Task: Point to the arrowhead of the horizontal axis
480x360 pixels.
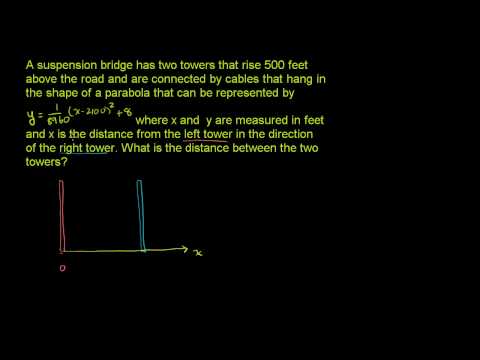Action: coord(186,250)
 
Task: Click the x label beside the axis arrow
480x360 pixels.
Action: coord(199,253)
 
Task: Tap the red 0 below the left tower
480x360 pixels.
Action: coord(61,268)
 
